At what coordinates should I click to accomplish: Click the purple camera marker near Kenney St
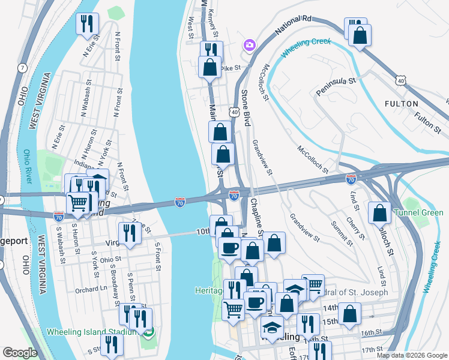[x=249, y=45]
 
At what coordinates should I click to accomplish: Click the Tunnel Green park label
[x=418, y=213]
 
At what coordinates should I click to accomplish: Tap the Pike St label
[x=230, y=68]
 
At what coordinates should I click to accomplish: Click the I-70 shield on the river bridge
[x=180, y=203]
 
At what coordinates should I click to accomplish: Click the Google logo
[x=20, y=353]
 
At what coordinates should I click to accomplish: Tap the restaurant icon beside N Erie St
[x=88, y=23]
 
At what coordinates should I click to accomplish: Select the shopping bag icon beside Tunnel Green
[x=380, y=212]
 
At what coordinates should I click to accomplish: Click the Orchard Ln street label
[x=91, y=289]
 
